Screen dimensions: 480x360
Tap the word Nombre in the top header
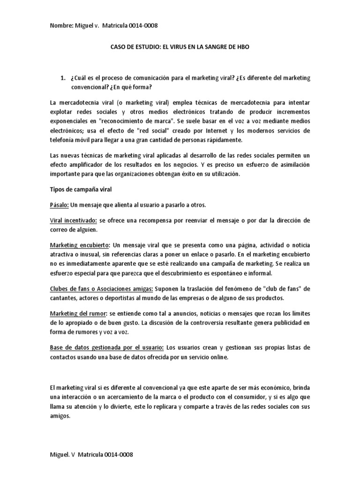pyautogui.click(x=61, y=26)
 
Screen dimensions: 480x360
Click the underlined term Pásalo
pyautogui.click(x=59, y=205)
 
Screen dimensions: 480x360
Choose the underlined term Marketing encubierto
pyautogui.click(x=80, y=245)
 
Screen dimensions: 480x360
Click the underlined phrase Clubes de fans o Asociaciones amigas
pyautogui.click(x=101, y=288)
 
